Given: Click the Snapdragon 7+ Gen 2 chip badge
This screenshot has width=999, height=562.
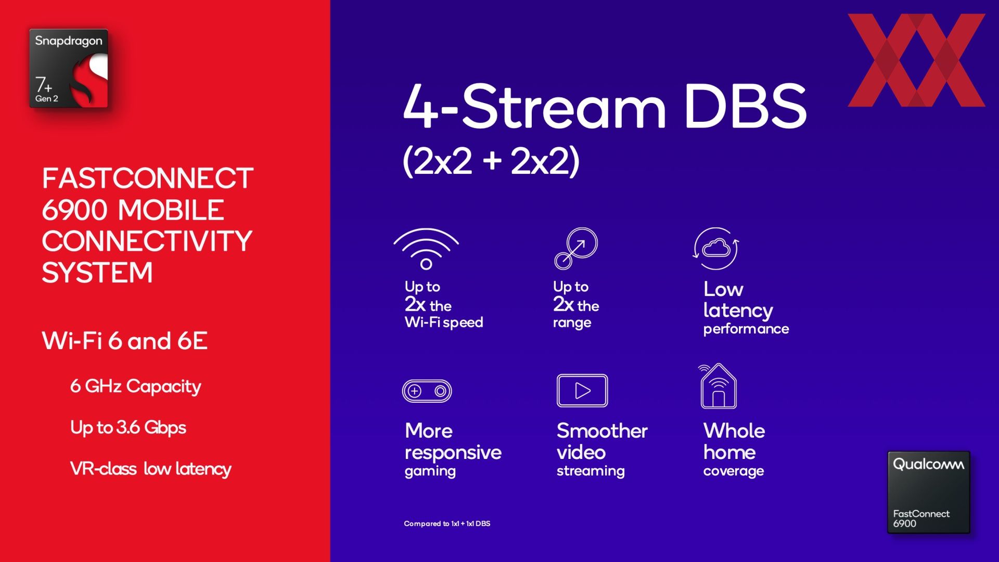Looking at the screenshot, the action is pyautogui.click(x=69, y=68).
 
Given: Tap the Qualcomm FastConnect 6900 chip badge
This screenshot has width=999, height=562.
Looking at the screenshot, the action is pyautogui.click(x=929, y=492).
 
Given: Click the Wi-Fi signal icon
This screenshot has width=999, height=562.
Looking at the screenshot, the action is pyautogui.click(x=426, y=249).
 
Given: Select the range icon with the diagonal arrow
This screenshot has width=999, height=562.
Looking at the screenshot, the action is pyautogui.click(x=576, y=248).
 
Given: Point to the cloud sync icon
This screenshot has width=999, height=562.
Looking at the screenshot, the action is pyautogui.click(x=716, y=248).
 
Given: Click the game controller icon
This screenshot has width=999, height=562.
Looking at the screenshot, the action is pyautogui.click(x=427, y=391).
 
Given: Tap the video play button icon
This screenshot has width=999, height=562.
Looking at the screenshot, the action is pyautogui.click(x=582, y=390).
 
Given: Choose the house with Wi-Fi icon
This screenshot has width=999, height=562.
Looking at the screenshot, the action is pyautogui.click(x=718, y=386).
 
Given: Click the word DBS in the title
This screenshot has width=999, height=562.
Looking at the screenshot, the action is pyautogui.click(x=745, y=106).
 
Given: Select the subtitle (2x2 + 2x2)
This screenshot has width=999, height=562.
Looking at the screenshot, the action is pyautogui.click(x=491, y=161).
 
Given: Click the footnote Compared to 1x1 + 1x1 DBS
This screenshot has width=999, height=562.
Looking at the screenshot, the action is pyautogui.click(x=447, y=523).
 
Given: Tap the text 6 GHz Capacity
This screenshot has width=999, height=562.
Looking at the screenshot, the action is pyautogui.click(x=136, y=387).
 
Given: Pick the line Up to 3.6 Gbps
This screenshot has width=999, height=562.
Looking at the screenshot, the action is pyautogui.click(x=128, y=428).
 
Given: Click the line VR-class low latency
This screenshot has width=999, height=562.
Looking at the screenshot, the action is pyautogui.click(x=151, y=469).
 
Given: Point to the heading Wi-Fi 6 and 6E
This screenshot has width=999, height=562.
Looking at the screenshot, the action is pyautogui.click(x=125, y=341).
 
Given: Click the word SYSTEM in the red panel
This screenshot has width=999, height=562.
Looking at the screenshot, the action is pyautogui.click(x=97, y=273).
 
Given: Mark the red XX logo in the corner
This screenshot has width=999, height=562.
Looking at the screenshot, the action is pyautogui.click(x=916, y=60).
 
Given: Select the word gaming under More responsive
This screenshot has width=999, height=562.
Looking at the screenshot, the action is pyautogui.click(x=430, y=471).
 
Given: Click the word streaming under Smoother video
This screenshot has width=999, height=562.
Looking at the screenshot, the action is pyautogui.click(x=591, y=471).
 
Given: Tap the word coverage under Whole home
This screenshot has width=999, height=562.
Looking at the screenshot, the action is pyautogui.click(x=734, y=471).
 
